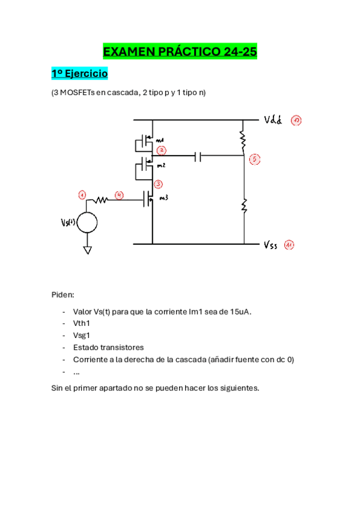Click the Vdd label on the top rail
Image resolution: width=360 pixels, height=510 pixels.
[273, 120]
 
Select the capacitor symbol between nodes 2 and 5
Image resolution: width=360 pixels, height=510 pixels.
[198, 157]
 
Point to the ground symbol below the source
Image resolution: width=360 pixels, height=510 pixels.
[87, 249]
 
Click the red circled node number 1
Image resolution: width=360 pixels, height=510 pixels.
[82, 195]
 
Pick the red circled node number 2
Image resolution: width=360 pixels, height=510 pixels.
[161, 150]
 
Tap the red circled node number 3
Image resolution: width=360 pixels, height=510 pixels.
[158, 184]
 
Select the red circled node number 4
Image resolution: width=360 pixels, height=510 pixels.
[120, 195]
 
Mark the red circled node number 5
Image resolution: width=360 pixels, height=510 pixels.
[254, 159]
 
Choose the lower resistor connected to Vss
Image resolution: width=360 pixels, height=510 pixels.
[244, 206]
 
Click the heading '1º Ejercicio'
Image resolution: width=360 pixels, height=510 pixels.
[79, 73]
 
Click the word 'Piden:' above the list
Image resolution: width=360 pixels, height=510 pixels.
[63, 295]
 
